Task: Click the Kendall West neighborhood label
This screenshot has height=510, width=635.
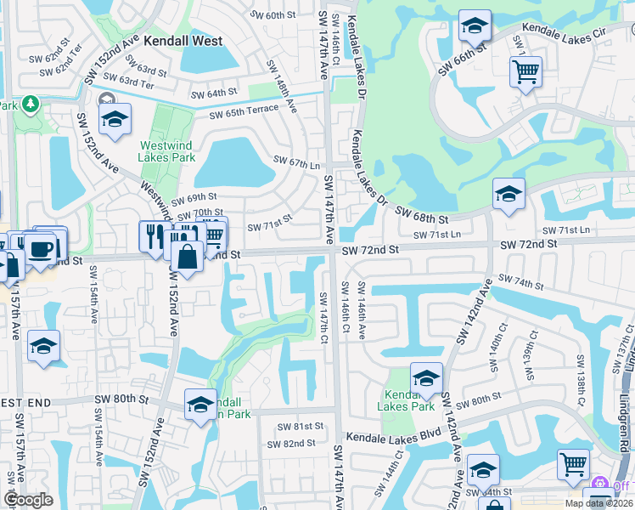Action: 183,41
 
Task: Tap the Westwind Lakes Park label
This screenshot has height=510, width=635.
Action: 167,151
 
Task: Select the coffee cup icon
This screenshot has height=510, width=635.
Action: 40,248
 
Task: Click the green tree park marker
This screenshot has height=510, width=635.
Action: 31,104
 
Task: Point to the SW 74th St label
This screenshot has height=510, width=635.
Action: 520,280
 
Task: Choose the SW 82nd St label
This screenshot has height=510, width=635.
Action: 290,444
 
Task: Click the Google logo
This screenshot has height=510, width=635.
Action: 28,500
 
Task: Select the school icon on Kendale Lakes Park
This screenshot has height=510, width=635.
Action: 426,378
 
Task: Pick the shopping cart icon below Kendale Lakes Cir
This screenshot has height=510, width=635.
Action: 526,71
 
